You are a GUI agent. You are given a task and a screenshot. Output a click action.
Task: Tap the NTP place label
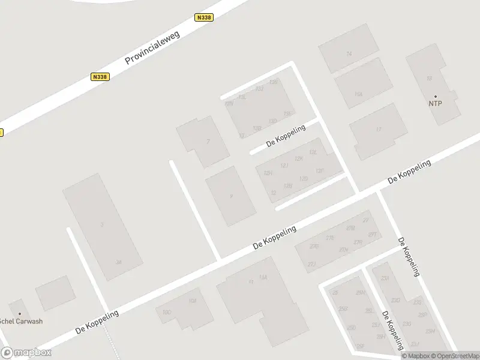tap(435, 103)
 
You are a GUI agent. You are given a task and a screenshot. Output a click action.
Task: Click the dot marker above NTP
tap(436, 96)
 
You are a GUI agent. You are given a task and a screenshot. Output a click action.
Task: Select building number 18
tap(428, 79)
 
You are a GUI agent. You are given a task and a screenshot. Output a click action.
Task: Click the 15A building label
tap(359, 94)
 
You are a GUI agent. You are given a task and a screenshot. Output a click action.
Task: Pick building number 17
tap(378, 130)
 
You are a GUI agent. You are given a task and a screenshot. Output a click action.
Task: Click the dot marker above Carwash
tap(20, 313)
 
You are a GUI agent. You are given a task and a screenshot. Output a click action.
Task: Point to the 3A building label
tap(118, 262)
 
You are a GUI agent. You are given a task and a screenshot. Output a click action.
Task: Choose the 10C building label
tap(167, 311)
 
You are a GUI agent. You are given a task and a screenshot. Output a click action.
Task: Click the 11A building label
tap(262, 277)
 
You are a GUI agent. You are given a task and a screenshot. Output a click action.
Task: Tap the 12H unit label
tap(268, 173)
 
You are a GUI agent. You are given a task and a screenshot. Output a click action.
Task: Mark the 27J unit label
tap(311, 264)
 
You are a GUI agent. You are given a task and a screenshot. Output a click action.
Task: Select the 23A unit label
tap(385, 278)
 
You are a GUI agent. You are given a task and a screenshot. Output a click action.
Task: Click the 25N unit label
tap(360, 292)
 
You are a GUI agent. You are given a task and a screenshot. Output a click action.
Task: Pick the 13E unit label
tap(274, 82)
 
